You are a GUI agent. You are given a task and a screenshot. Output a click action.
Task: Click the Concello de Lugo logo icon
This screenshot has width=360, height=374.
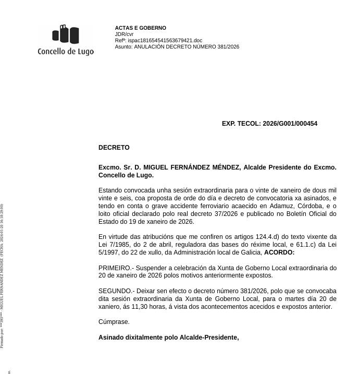66,34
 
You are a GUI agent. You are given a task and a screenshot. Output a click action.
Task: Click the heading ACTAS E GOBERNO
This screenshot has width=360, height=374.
141,28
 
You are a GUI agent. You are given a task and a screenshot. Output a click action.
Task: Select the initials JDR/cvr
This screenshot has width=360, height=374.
124,34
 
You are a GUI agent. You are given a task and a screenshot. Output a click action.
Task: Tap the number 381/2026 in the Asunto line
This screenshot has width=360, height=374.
227,46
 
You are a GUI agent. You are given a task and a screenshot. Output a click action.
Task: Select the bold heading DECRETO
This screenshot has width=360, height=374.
114,148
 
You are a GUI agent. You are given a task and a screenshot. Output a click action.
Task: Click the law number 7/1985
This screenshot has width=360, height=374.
118,245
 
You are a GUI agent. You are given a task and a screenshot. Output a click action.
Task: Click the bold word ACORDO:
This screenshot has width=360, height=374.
279,252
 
